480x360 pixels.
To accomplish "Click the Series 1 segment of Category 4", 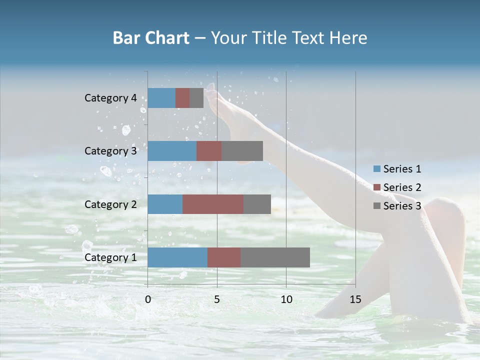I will point(161,98).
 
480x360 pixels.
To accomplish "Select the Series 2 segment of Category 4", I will point(182,98).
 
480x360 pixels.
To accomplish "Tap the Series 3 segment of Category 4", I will point(196,98).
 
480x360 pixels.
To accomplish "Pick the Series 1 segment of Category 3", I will point(172,151).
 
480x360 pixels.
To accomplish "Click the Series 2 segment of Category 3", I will point(209,151).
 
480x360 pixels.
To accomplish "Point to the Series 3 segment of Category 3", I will point(242,151).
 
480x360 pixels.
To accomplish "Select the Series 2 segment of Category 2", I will point(213,204).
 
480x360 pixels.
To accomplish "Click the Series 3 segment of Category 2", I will point(257,204).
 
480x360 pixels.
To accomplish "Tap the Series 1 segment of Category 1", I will point(177,257).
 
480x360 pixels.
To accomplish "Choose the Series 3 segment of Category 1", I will point(275,257).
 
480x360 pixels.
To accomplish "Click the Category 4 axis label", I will point(110,98).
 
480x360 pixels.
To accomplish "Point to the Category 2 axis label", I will point(110,204).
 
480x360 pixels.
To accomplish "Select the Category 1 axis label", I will point(110,257).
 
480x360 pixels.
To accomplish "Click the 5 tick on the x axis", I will point(217,299).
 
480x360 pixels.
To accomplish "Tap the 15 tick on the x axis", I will point(355,299).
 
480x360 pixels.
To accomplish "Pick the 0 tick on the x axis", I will point(148,299).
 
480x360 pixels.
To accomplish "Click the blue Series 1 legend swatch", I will point(376,169).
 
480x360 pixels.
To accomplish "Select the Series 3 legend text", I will point(402,206).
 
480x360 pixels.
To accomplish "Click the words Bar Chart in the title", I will point(151,38).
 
